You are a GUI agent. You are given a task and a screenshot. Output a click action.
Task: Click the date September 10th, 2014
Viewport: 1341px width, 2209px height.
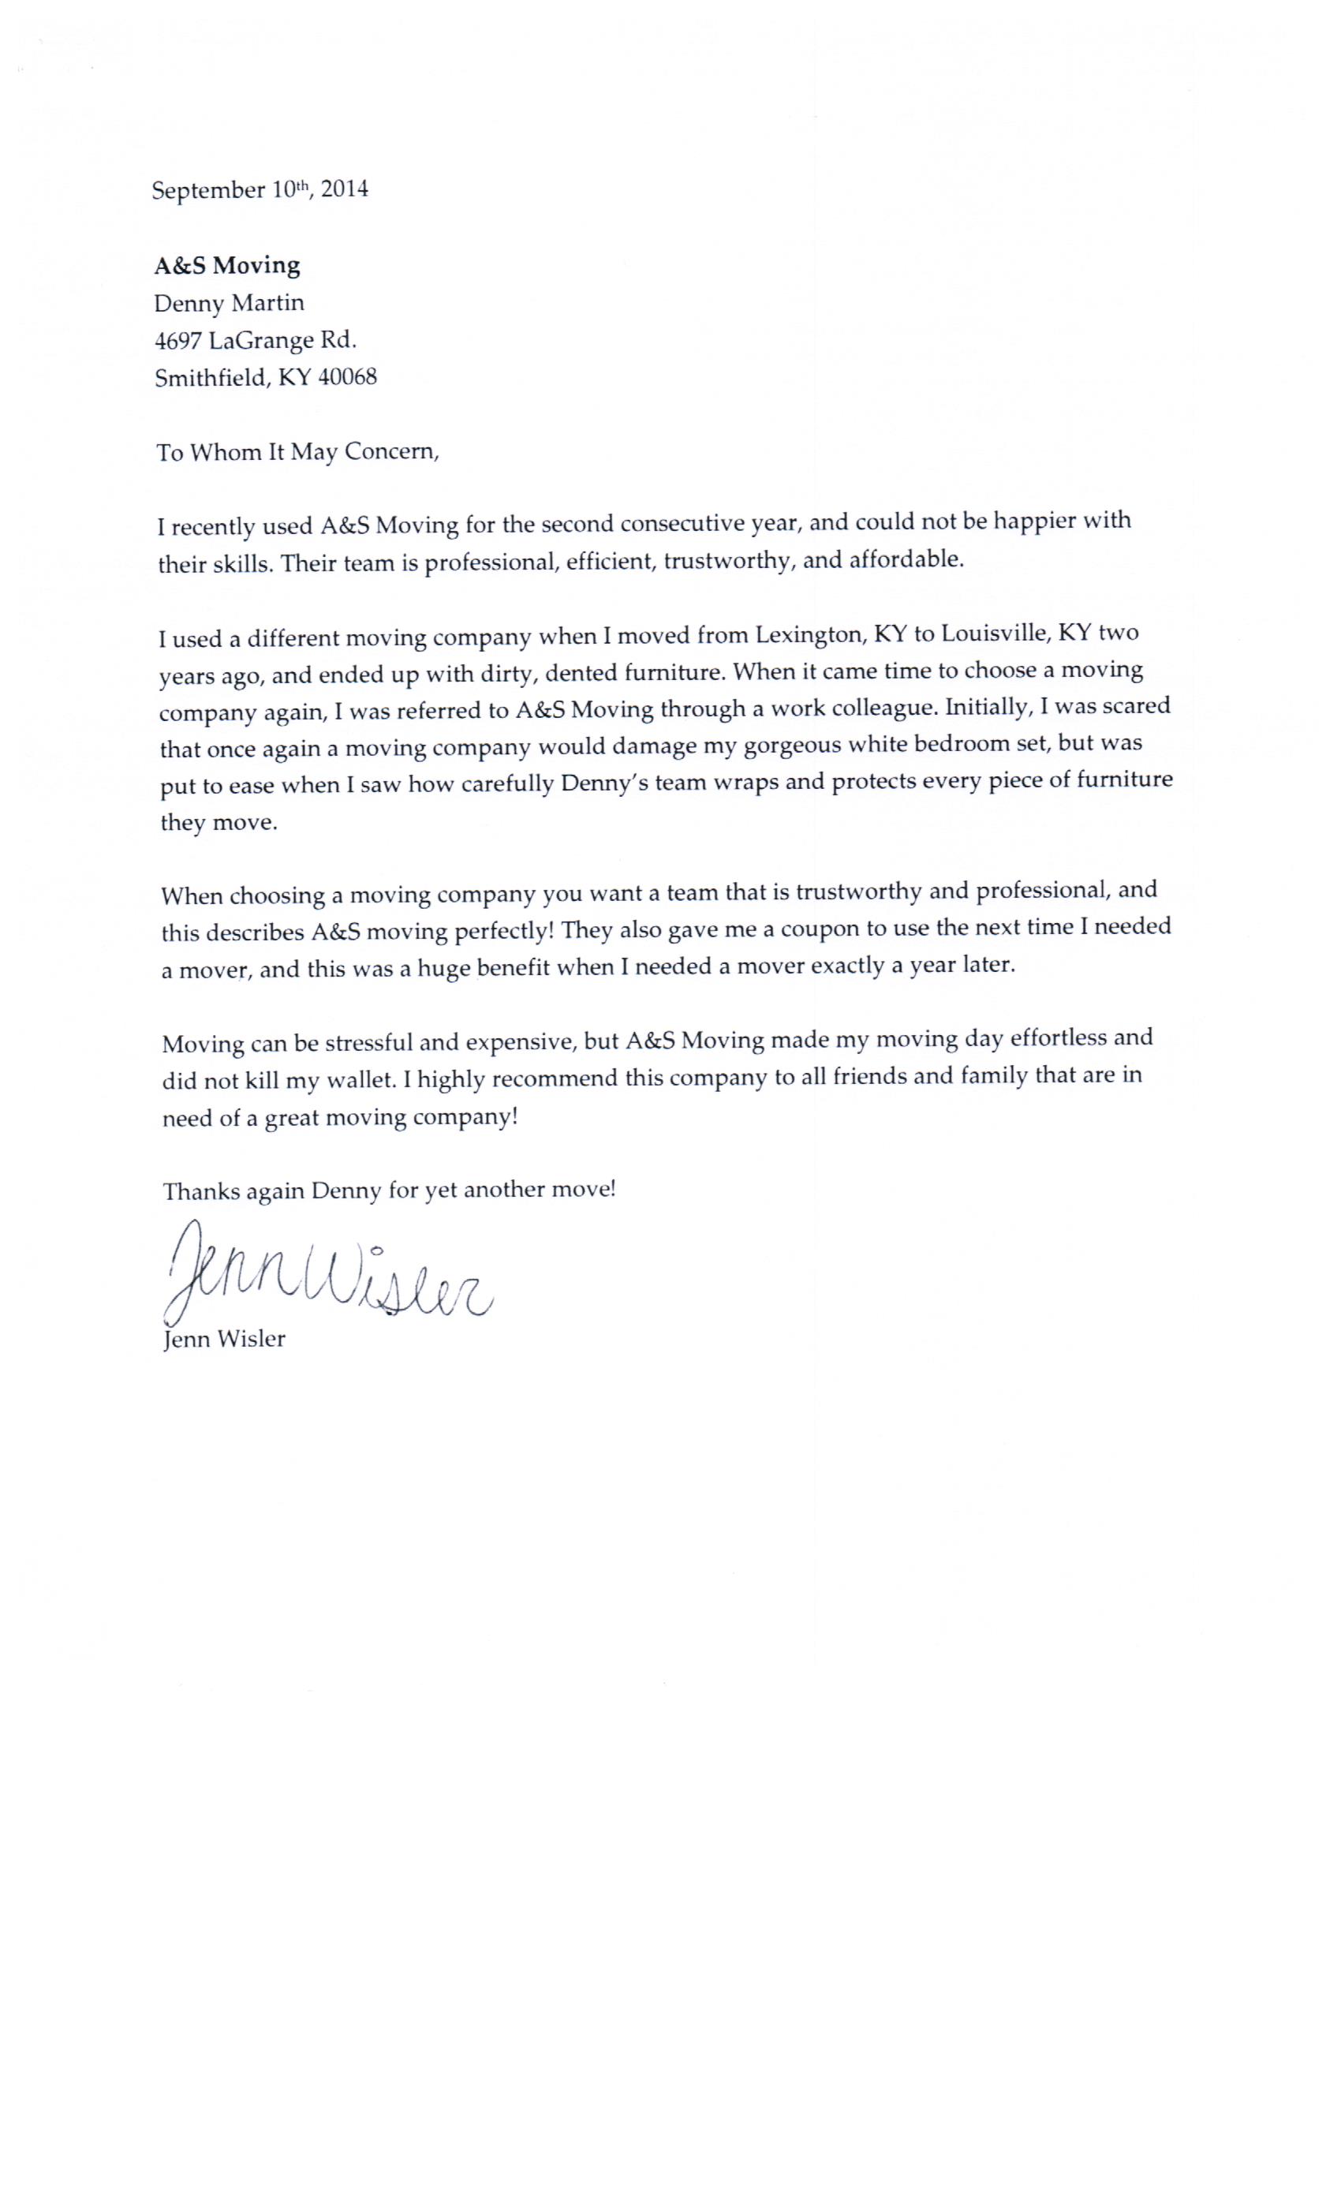point(259,190)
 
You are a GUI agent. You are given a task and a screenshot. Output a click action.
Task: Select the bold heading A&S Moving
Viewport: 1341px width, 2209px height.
point(227,265)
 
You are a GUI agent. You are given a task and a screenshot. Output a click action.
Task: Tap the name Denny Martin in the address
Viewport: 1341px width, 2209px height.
point(230,303)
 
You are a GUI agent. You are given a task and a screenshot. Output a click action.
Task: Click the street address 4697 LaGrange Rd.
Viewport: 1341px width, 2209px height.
point(256,341)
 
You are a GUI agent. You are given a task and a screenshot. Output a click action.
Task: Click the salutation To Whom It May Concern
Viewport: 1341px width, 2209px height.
point(297,452)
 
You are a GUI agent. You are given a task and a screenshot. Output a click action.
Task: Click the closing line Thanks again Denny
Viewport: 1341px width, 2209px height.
point(389,1191)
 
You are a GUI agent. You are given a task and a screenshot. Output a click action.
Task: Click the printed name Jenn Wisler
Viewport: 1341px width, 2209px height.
point(224,1340)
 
